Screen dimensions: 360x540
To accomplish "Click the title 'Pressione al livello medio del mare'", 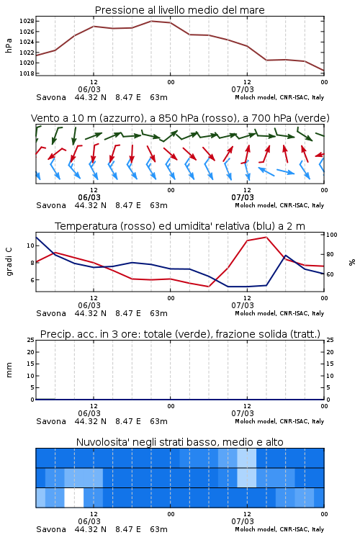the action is (x=179, y=10).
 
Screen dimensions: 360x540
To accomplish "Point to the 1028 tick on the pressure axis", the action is (x=27, y=22).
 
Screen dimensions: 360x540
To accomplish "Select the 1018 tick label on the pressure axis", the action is (x=27, y=73).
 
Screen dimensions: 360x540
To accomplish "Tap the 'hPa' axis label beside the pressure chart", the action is (x=9, y=45).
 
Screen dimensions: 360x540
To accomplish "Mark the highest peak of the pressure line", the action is (x=151, y=21).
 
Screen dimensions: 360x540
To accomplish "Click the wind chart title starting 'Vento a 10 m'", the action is (x=180, y=118).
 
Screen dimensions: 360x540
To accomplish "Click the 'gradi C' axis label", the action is (x=9, y=262).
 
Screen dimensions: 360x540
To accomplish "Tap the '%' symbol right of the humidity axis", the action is (x=352, y=262).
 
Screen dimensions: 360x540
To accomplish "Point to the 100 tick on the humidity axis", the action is (x=332, y=235).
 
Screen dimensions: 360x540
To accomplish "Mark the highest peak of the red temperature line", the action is (x=266, y=237).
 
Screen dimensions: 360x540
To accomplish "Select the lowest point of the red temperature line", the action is (x=208, y=287).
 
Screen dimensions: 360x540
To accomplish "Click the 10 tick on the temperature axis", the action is (x=30, y=246).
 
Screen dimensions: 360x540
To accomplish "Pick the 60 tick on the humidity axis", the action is (x=330, y=274).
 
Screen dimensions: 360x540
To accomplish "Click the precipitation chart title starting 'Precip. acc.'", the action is (x=180, y=334).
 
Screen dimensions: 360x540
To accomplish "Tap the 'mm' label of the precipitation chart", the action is (x=9, y=370).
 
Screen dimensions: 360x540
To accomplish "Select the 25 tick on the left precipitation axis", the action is (x=30, y=340).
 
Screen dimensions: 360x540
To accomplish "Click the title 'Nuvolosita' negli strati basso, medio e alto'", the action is (x=179, y=442).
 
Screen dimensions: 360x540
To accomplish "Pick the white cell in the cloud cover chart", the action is (x=74, y=498).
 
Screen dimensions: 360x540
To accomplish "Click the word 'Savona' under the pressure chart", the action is (x=51, y=97).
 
